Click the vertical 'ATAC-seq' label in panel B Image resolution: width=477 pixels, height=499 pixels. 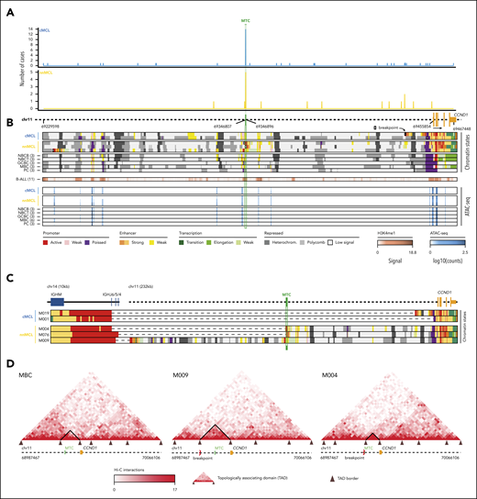click(471, 195)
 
